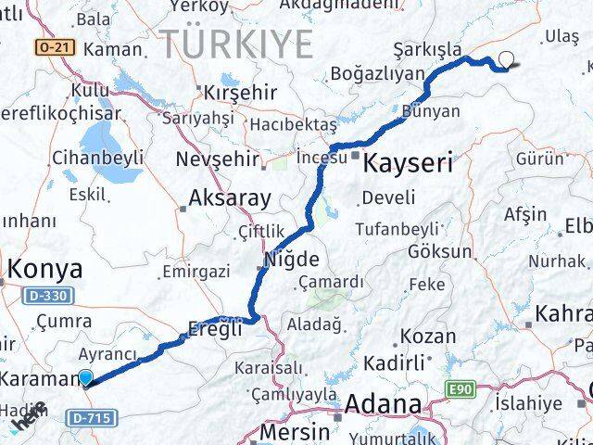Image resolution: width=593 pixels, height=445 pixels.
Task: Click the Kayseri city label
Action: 409,164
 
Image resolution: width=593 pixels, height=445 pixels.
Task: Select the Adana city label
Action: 384,405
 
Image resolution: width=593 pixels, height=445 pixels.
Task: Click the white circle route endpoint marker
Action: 505,60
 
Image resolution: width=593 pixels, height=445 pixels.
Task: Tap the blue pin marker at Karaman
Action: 86,377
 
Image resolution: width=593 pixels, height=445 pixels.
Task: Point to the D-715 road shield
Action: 90,419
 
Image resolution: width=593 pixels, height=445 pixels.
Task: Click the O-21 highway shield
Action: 53,46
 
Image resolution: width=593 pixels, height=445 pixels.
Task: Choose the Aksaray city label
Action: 229,197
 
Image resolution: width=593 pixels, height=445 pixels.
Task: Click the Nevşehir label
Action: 215,156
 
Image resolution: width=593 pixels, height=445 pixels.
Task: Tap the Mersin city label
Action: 296,431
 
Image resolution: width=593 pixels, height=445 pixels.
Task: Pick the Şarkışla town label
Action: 428,48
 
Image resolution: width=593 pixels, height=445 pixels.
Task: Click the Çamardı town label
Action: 331,282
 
